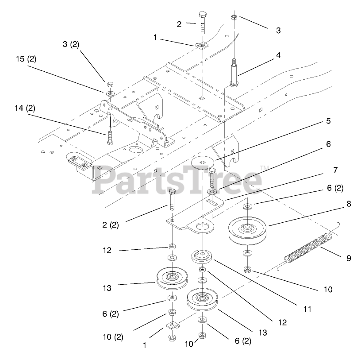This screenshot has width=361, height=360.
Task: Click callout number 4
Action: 278,55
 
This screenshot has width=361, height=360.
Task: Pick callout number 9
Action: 349,258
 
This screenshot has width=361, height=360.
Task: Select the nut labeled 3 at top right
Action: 234,18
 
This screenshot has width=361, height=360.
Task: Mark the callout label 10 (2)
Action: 114,337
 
